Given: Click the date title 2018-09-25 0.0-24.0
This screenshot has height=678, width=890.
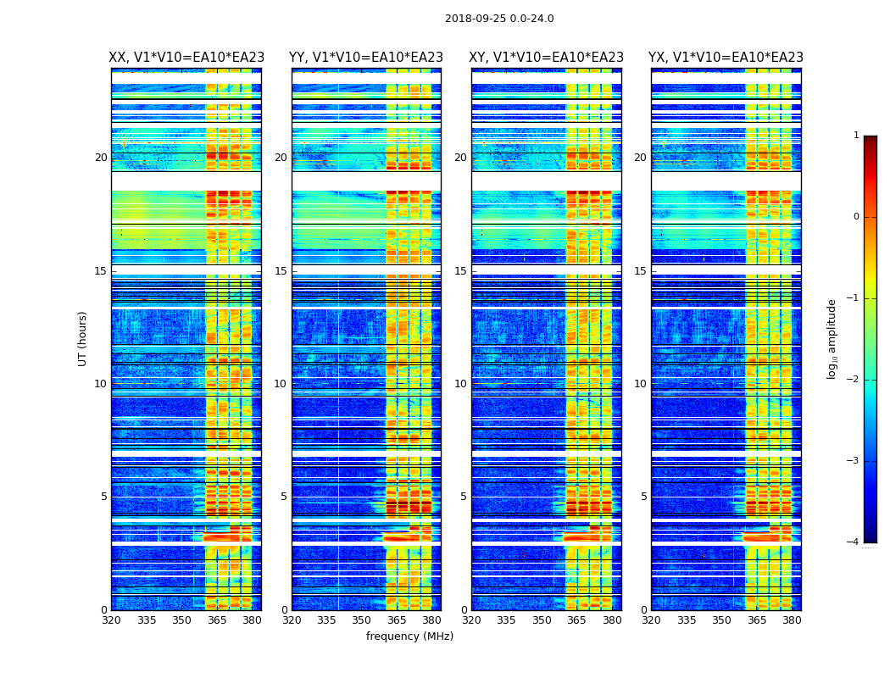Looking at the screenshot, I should tap(499, 19).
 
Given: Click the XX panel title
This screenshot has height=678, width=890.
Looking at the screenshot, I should tap(186, 58).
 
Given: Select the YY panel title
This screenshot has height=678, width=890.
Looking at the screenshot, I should tap(366, 58).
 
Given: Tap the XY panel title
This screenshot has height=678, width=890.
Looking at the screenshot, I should tap(547, 58).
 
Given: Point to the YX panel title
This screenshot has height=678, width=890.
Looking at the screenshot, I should tap(726, 58).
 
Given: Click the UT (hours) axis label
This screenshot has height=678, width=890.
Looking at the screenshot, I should tap(83, 338).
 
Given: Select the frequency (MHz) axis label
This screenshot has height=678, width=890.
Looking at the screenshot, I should tap(409, 636).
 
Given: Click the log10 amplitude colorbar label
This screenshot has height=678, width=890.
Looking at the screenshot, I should tap(832, 338).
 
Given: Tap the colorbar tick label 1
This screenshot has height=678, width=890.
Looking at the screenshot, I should tap(856, 136).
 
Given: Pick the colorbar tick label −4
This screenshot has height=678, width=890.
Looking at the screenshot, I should tap(854, 542).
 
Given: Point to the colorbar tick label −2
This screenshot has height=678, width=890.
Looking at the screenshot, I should tap(854, 380).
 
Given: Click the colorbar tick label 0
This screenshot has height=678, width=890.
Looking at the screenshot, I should tap(856, 217).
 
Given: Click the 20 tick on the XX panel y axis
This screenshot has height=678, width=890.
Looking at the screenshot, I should tap(101, 158).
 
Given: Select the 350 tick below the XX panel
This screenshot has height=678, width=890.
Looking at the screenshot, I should tap(181, 620).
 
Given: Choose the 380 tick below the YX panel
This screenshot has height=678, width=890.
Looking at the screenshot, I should tap(792, 620).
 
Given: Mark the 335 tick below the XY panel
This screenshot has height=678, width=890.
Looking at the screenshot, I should tap(507, 620).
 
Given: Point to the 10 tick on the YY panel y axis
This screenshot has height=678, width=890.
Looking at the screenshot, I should tap(281, 384).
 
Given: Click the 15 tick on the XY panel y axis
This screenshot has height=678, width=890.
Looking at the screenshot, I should tap(460, 271).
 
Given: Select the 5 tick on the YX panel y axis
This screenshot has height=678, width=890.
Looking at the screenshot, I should tap(644, 497).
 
